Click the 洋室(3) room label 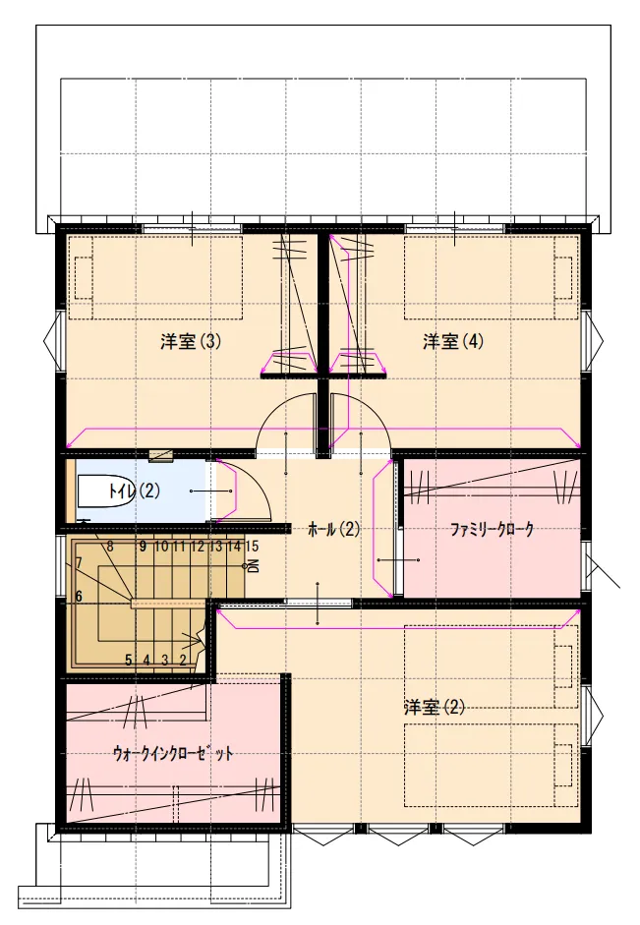(191, 341)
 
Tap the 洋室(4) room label (453, 341)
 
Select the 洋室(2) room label (435, 707)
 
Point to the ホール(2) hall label (333, 529)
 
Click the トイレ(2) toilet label (135, 491)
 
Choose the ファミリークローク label (492, 529)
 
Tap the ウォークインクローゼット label (173, 753)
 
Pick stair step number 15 (252, 547)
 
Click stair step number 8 (110, 547)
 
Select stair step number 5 (128, 661)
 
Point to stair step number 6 (79, 596)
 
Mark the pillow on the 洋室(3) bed (84, 278)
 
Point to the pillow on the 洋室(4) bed (563, 278)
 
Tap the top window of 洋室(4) (455, 228)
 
